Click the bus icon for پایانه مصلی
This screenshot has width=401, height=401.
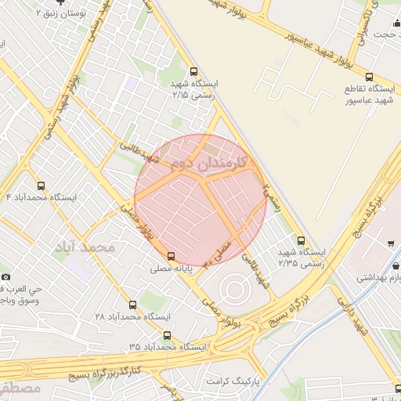click(x=172, y=255)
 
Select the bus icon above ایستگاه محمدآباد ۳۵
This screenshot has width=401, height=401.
click(x=167, y=335)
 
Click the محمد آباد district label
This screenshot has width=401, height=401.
click(x=85, y=247)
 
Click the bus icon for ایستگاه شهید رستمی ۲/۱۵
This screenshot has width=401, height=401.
click(x=194, y=71)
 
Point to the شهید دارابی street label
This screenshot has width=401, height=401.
click(x=355, y=317)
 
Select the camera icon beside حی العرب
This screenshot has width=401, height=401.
click(x=6, y=276)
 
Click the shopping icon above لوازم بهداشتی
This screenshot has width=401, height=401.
click(x=390, y=243)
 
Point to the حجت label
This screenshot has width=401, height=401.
click(x=384, y=34)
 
